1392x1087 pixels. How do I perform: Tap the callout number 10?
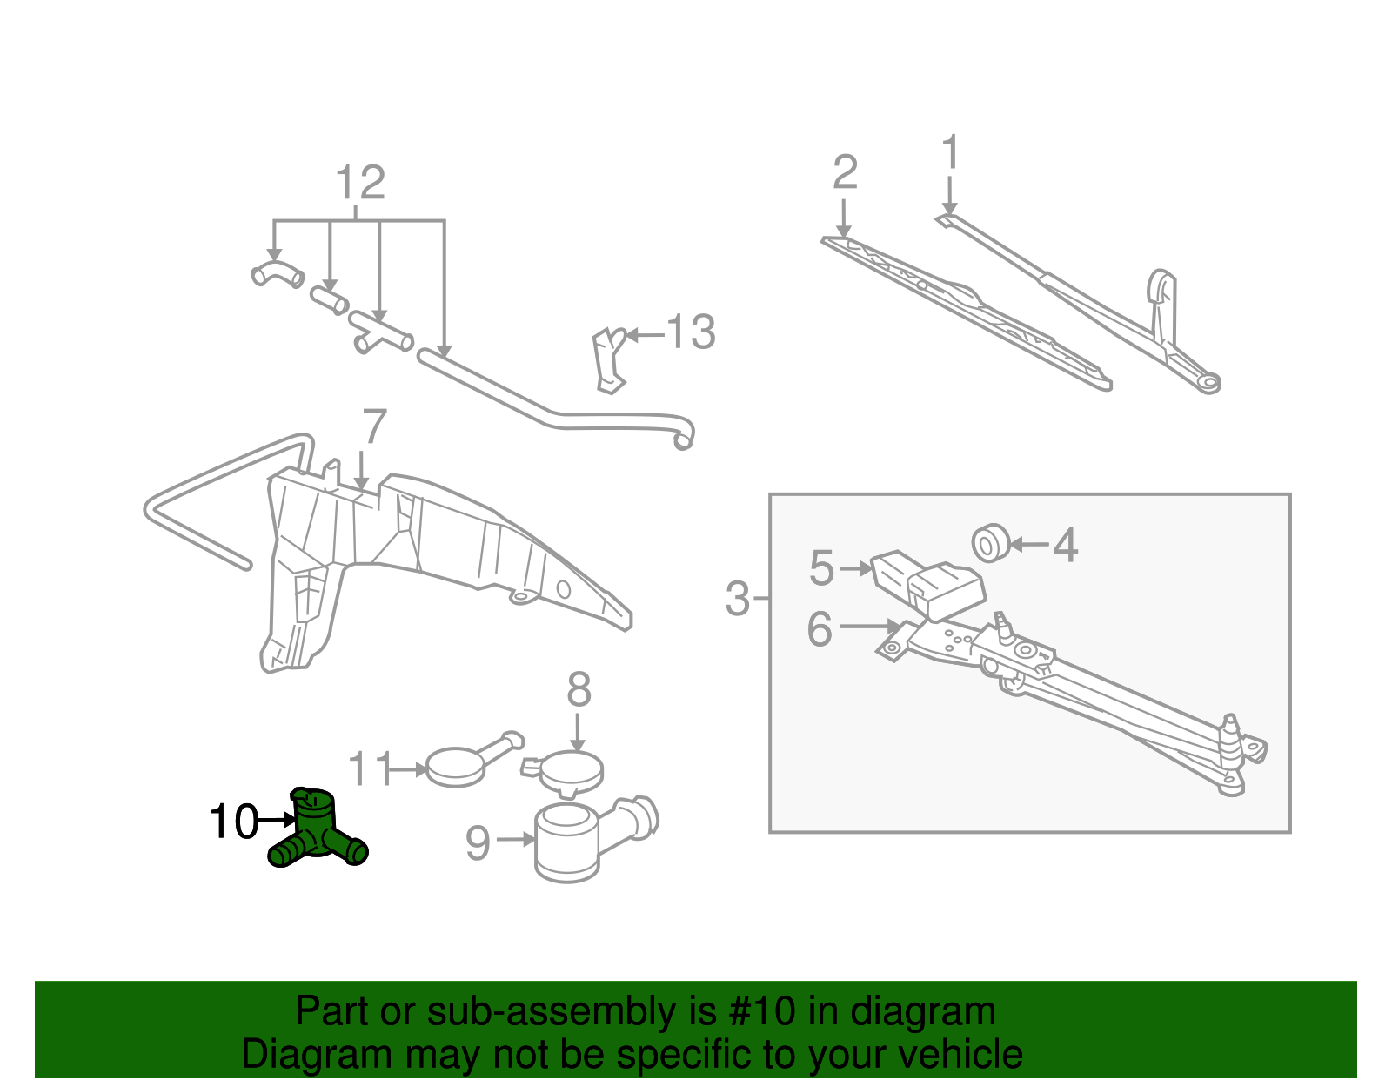click(x=234, y=822)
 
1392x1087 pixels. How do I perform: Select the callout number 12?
click(x=359, y=184)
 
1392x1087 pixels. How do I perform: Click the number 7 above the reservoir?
click(x=374, y=427)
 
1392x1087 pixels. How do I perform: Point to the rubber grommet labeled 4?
click(x=990, y=543)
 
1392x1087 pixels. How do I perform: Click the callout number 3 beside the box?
click(x=737, y=599)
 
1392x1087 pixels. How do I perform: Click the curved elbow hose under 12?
click(x=277, y=273)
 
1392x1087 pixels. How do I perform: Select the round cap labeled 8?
click(x=570, y=769)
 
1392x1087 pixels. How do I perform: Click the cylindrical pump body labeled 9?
click(x=566, y=842)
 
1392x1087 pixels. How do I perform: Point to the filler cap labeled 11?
click(x=456, y=766)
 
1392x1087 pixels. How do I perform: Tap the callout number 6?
click(x=820, y=628)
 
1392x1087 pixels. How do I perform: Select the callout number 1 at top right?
click(x=951, y=152)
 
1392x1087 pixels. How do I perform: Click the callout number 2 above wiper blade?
click(x=845, y=172)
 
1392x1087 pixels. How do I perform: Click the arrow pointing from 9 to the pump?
click(x=516, y=840)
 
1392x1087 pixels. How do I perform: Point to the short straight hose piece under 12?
click(x=330, y=300)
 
